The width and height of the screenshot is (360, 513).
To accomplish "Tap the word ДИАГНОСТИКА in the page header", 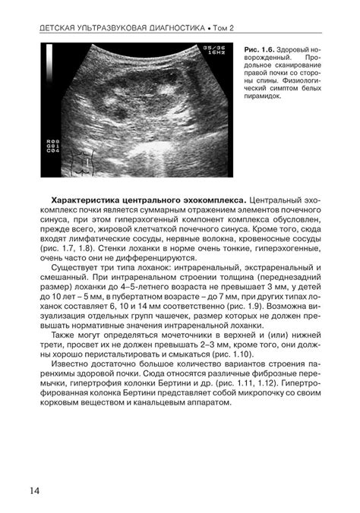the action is [163, 28].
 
